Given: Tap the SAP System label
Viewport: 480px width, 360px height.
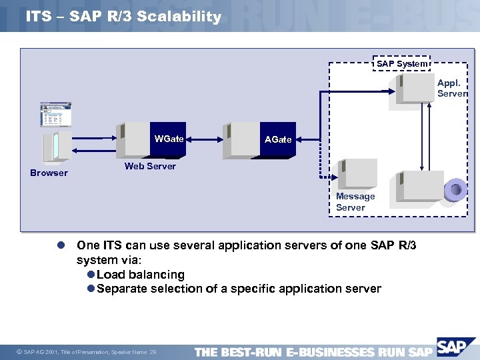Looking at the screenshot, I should pos(402,63).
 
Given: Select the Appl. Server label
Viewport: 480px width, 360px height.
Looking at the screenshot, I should pos(451,89).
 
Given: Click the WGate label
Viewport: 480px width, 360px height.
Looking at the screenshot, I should pos(169,139).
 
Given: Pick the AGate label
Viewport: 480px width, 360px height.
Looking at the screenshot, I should pos(278,139).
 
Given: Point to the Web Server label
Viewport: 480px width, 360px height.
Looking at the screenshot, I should pos(150,166).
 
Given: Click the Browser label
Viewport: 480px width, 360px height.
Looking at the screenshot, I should pos(49,173).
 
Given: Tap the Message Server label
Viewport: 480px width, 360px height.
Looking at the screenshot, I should pos(355,202).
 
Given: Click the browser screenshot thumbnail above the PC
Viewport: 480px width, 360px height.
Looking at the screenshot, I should pos(56,115).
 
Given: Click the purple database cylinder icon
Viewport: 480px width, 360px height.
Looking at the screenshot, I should pos(456,190).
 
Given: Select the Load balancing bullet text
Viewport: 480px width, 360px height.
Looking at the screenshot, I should pos(140,274).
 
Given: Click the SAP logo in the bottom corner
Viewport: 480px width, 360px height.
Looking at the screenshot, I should pos(455,347).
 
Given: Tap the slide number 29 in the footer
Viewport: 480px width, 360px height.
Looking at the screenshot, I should pos(153,352).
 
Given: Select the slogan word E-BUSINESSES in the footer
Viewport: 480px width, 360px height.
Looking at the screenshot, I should pos(329,352).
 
